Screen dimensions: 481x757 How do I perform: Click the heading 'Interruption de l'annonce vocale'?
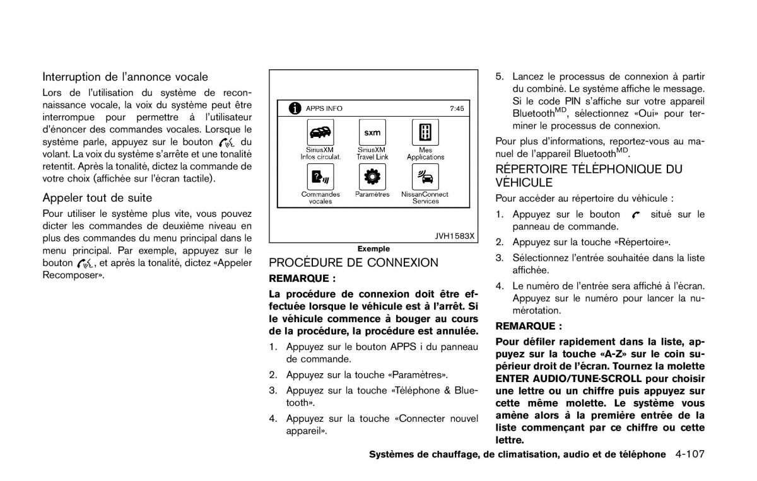click(x=125, y=77)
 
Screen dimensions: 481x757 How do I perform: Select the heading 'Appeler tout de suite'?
click(x=97, y=198)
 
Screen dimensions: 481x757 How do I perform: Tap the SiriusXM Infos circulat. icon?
click(x=320, y=132)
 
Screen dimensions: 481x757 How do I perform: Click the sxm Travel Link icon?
click(x=372, y=132)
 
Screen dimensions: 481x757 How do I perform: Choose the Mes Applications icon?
click(x=425, y=132)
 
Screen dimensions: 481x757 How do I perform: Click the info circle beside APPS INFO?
click(x=295, y=108)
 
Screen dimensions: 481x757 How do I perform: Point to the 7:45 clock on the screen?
click(x=457, y=108)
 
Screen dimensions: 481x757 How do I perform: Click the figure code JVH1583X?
click(x=454, y=236)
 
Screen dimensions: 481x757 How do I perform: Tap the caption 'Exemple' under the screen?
click(x=373, y=249)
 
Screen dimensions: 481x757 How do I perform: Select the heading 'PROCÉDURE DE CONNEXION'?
click(x=353, y=263)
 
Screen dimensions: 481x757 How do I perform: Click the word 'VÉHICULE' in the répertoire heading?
click(x=524, y=183)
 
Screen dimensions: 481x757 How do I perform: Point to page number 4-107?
click(x=690, y=454)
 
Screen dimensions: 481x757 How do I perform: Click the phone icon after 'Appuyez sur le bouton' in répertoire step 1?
click(x=635, y=215)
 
